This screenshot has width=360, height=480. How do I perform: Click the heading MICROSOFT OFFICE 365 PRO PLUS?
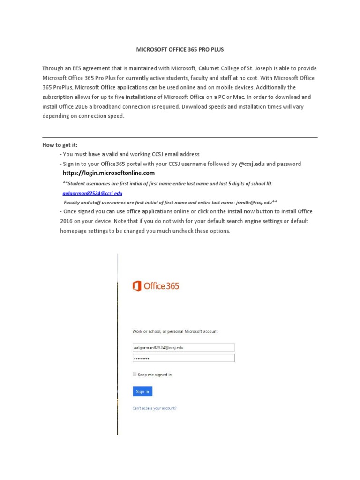[180, 49]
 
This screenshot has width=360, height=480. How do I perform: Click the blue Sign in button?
[142, 391]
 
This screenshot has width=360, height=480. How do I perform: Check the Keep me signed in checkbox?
[135, 374]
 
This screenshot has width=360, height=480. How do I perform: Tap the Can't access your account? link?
[155, 408]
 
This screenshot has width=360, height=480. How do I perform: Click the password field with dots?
[183, 358]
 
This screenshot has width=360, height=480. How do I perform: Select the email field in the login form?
[183, 347]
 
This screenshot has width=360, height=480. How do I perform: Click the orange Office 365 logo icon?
[137, 286]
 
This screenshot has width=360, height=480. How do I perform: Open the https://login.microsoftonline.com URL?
[108, 173]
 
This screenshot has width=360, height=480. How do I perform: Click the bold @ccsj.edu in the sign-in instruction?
[251, 164]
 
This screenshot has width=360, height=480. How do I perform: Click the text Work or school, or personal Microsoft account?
[175, 331]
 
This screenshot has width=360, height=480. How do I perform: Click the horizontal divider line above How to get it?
[180, 137]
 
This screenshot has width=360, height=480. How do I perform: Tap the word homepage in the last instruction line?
[74, 231]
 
